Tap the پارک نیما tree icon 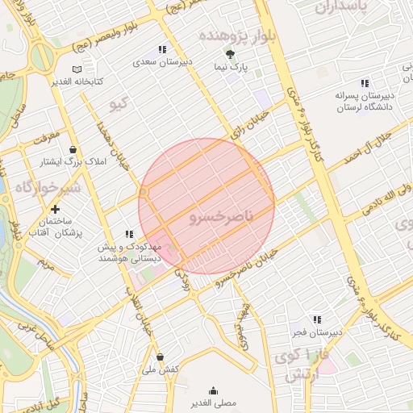232,54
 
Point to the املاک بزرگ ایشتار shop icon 73,150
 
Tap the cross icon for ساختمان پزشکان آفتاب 55,210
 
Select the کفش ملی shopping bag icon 160,357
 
